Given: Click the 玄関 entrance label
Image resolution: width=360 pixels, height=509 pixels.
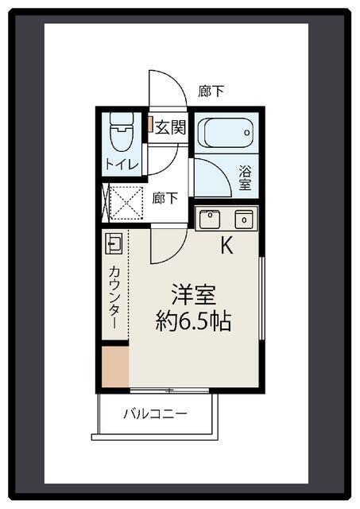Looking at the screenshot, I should [x=169, y=126].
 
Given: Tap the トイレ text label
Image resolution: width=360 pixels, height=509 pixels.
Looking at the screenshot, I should [x=122, y=165].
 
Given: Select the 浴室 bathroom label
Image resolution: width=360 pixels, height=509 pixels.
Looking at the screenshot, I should [x=246, y=177].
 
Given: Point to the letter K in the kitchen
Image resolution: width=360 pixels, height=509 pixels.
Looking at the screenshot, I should [x=226, y=246].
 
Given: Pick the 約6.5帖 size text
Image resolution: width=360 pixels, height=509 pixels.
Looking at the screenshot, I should [x=194, y=321].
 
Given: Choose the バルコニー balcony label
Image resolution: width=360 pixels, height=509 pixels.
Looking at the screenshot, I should [x=155, y=414].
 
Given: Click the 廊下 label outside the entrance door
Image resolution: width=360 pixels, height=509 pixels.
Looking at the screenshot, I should [x=211, y=91].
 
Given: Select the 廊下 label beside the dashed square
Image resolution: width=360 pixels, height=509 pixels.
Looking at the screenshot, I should [x=165, y=198].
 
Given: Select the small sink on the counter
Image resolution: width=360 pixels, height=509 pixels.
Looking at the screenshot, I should [x=113, y=243].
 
